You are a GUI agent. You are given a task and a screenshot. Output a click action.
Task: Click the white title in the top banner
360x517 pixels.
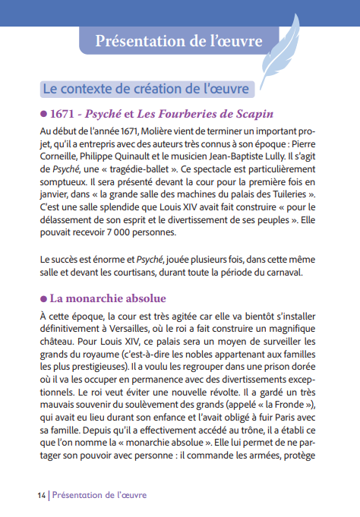pos(179,40)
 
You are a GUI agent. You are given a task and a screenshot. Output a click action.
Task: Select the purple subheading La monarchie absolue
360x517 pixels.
pos(106,298)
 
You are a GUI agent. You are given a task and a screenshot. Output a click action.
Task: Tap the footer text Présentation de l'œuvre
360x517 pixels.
pos(99,495)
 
